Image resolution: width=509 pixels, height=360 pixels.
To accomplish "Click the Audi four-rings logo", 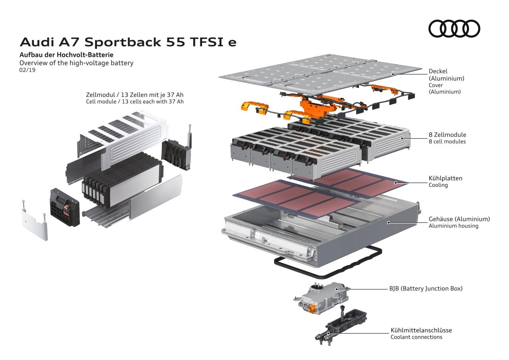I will pyautogui.click(x=454, y=28).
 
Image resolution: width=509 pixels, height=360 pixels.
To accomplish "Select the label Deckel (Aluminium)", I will pyautogui.click(x=446, y=75).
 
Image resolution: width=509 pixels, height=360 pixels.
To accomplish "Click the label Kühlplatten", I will pyautogui.click(x=445, y=178).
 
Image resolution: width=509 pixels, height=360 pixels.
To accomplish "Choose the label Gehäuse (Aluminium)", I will pyautogui.click(x=459, y=219).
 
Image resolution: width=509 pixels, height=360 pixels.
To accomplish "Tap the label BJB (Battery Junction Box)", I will pyautogui.click(x=426, y=289).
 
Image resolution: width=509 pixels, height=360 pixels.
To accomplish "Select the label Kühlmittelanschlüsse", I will pyautogui.click(x=421, y=330).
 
